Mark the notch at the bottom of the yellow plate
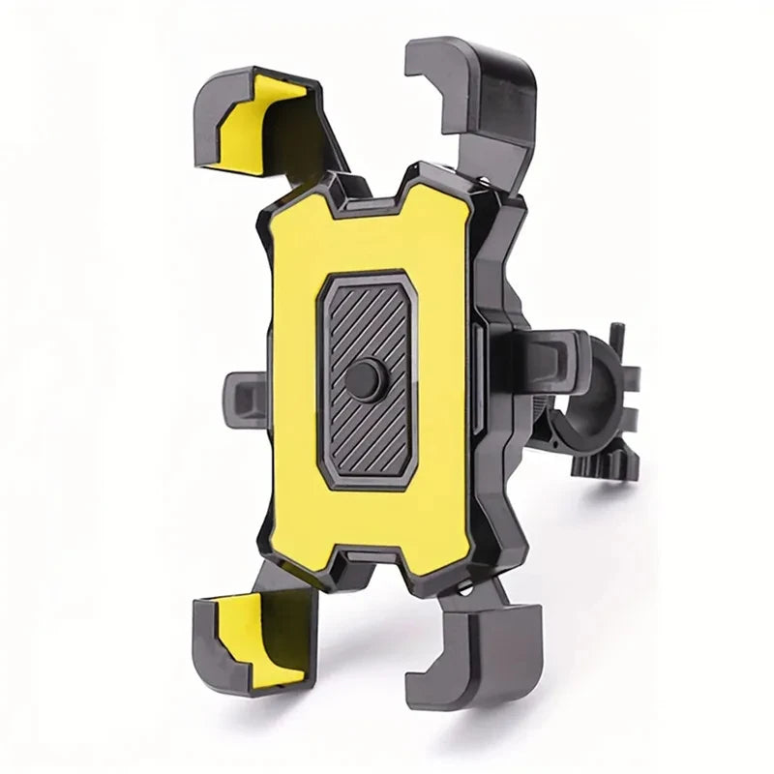coord(368,555)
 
